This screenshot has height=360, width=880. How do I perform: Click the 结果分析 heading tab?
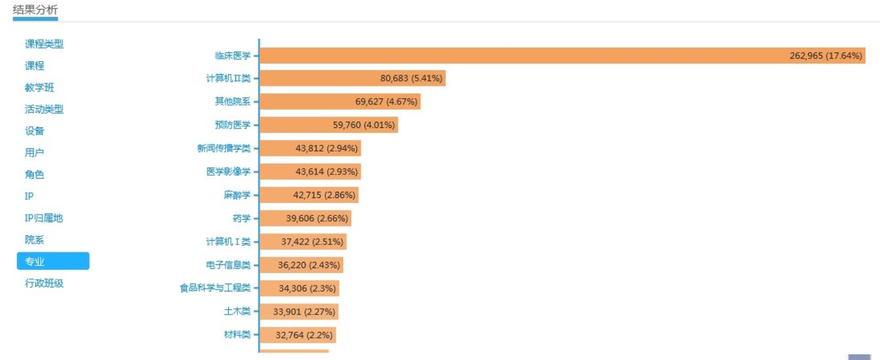coord(35,10)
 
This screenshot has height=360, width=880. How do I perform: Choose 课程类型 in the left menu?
coord(44,44)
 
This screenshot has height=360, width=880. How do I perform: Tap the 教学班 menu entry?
coord(39,88)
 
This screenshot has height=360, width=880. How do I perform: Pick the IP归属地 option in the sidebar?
coord(44,218)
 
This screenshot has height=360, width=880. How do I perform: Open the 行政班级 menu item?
coord(44,283)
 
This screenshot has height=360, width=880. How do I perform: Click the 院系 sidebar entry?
coord(34,240)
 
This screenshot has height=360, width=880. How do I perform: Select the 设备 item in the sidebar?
coord(34,131)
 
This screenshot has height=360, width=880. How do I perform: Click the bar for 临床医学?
coord(521,55)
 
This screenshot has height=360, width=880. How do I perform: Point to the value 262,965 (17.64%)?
coord(826,56)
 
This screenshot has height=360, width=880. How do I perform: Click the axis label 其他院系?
coord(232,101)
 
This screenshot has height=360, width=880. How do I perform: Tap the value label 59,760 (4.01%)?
coord(363,125)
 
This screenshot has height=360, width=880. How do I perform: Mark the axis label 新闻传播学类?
coord(224,148)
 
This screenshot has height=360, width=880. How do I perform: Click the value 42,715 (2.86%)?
coord(324,195)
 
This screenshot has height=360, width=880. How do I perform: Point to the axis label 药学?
coord(241,218)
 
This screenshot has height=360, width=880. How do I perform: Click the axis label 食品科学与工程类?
coord(215,288)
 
